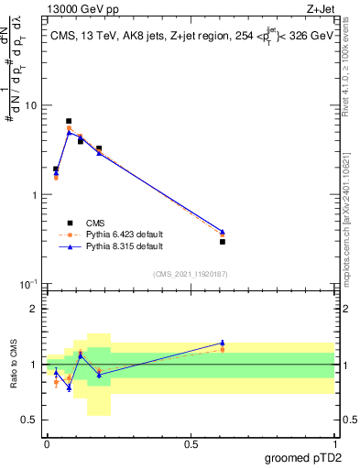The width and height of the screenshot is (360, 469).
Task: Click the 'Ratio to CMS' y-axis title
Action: (x=13, y=365)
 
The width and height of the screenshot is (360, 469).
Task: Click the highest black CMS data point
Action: (x=69, y=121)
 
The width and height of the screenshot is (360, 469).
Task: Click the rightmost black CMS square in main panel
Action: (x=222, y=241)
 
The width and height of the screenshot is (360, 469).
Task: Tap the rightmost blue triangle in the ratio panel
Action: (x=222, y=343)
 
